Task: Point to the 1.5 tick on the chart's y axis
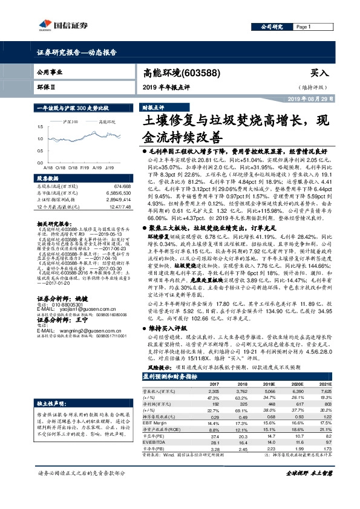[40, 127]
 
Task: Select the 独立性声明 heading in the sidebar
[53, 386]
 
